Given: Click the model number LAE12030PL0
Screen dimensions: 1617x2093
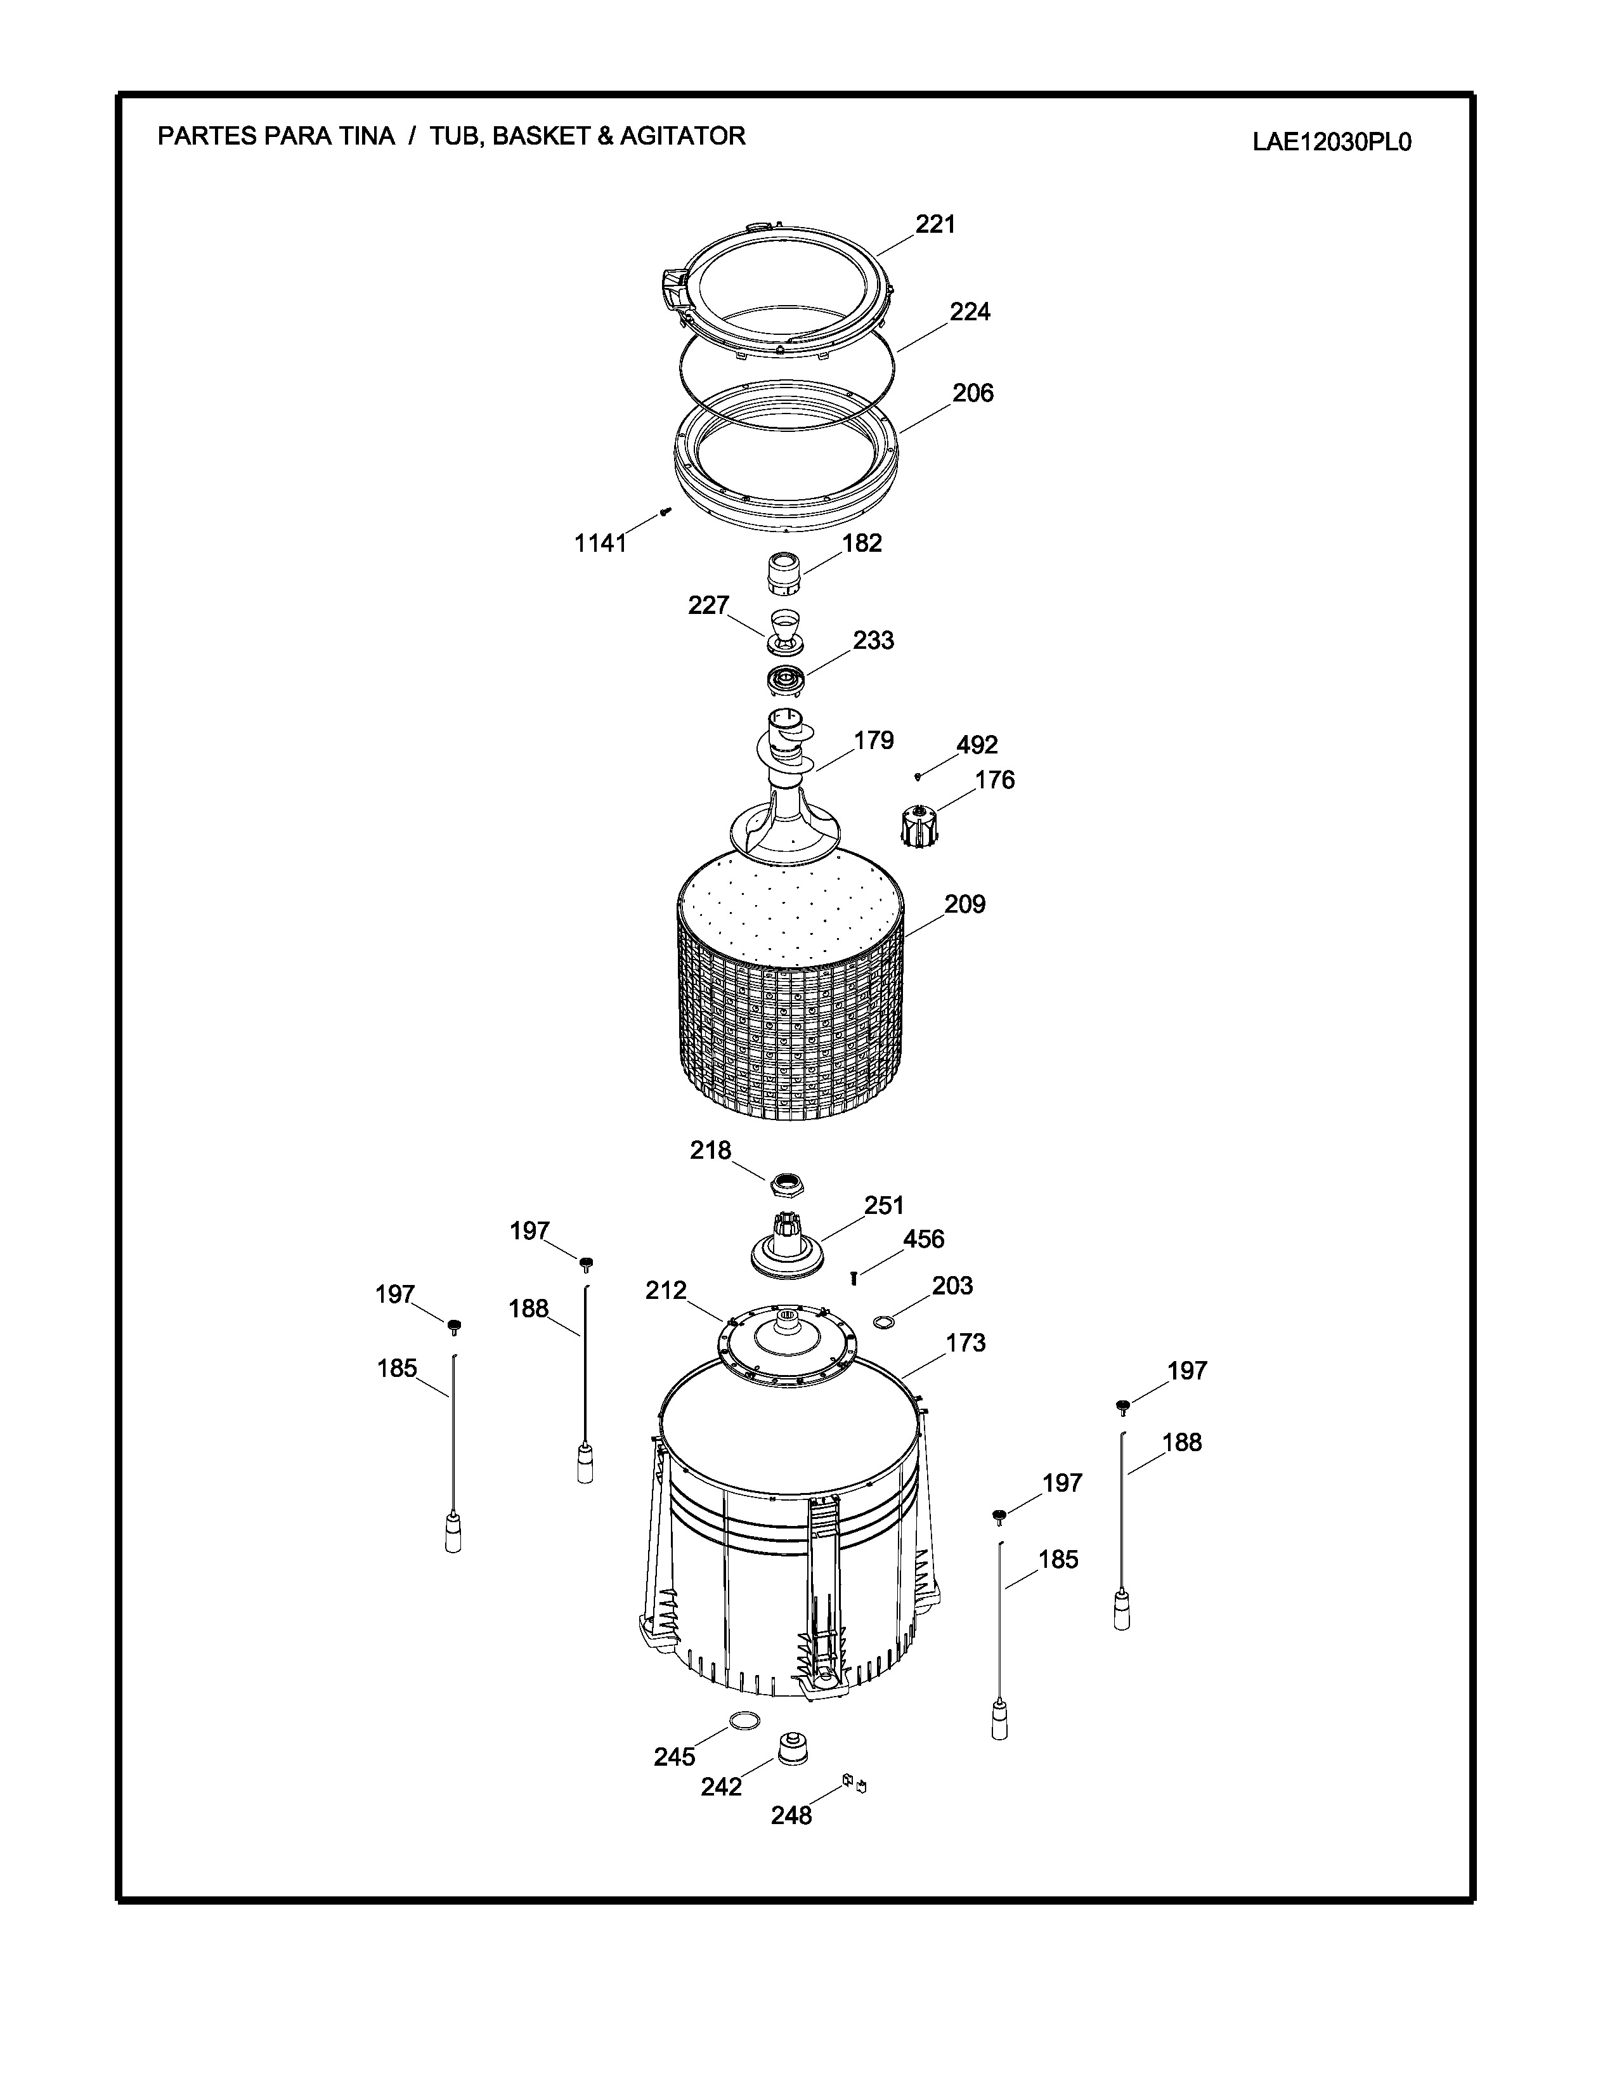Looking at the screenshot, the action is pos(1332,143).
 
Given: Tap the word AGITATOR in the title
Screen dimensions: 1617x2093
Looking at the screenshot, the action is pos(682,136).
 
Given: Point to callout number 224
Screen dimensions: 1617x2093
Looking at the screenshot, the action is pos(970,311).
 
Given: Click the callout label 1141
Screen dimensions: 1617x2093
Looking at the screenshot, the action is pos(601,544).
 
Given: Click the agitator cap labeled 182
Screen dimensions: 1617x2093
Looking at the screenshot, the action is pos(784,575).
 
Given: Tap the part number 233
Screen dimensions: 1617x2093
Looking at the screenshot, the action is pos(874,640).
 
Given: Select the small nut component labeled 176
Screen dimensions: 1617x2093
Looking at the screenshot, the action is pos(919,825).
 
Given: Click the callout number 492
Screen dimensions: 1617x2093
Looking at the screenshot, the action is pos(977,745).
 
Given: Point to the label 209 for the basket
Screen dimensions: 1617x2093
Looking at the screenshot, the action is pos(964,904).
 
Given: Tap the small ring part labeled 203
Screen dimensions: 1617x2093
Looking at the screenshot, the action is pos(883,1324).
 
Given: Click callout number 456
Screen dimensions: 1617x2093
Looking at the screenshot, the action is pos(923,1239).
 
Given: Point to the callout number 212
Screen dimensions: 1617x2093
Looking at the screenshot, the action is pos(666,1290).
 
